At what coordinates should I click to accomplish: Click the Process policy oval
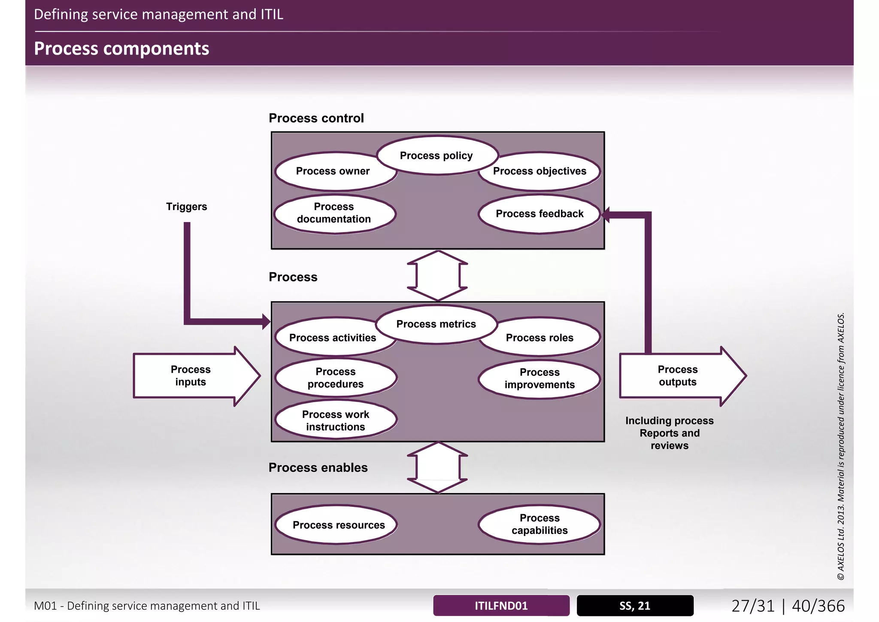point(436,155)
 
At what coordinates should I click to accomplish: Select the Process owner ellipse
point(333,171)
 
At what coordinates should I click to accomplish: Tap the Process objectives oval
point(540,171)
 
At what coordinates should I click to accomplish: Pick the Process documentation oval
point(334,213)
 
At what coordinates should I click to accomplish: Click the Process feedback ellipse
point(540,214)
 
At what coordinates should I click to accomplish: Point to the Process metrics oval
point(436,324)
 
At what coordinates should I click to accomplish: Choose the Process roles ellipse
point(540,338)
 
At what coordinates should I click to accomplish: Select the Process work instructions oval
point(336,421)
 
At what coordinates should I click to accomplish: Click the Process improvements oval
point(540,378)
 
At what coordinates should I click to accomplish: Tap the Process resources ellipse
point(339,525)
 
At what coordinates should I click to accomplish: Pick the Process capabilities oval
point(540,524)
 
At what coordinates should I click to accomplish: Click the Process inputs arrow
point(191,376)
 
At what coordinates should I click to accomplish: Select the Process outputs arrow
point(678,376)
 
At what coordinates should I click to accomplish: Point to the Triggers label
point(186,207)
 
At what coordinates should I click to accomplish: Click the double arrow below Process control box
point(437,276)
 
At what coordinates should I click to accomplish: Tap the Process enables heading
point(318,468)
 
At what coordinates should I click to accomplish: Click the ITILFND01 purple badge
point(501,606)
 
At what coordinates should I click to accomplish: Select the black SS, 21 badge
point(635,606)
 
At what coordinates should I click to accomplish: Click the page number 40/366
point(818,606)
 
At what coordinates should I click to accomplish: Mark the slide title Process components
point(121,49)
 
